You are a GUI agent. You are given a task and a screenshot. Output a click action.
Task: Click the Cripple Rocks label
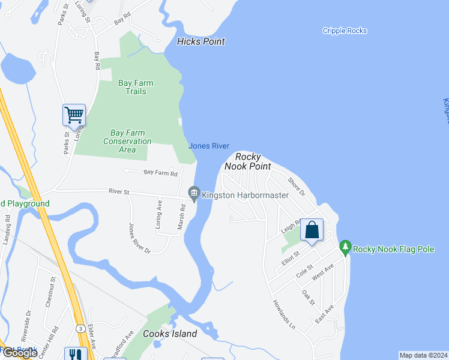[x=345, y=31]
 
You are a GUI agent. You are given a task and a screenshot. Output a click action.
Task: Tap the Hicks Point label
[x=201, y=41]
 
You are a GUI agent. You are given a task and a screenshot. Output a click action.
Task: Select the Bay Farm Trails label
[x=136, y=88]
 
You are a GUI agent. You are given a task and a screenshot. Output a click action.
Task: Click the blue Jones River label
[x=209, y=146]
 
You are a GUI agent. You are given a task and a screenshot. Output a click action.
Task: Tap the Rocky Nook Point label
[x=247, y=161]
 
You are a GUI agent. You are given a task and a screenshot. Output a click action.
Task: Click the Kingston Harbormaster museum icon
[x=194, y=193]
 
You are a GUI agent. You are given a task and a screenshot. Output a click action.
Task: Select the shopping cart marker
[x=74, y=114]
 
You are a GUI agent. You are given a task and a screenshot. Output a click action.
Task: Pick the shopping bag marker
[x=312, y=229]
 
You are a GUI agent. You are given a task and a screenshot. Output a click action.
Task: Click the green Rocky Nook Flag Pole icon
[x=345, y=247]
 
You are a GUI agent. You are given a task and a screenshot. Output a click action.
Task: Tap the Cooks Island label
[x=170, y=334]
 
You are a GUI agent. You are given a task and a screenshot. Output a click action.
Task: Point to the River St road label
[x=119, y=192]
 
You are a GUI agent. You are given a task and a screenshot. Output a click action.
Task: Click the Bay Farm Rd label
[x=160, y=173]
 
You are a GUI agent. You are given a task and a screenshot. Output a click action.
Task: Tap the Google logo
[x=19, y=353]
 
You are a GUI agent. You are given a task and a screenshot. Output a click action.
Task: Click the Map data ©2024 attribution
[x=423, y=355]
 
